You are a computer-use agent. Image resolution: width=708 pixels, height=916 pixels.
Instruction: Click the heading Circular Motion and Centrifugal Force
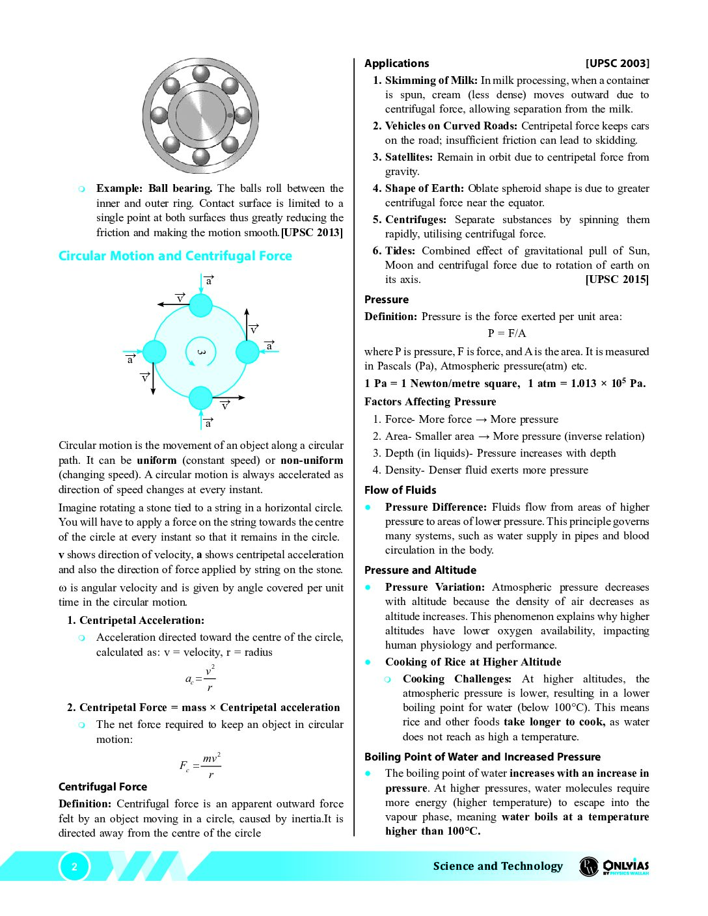(x=175, y=256)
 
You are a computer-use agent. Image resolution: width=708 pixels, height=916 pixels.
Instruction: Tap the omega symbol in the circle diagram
(x=201, y=352)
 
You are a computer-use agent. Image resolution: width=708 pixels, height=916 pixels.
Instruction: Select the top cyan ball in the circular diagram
(x=201, y=305)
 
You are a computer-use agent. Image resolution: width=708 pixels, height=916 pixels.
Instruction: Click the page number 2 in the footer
(x=74, y=867)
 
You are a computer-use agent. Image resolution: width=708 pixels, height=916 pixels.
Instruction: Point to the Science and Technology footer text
(x=498, y=866)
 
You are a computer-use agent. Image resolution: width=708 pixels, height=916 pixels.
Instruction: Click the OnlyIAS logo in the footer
(x=614, y=866)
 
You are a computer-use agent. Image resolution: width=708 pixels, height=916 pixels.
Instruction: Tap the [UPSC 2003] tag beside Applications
(x=617, y=63)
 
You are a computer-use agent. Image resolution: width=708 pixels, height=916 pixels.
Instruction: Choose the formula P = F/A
(x=507, y=333)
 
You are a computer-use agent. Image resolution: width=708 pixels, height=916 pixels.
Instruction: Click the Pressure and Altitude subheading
(x=420, y=570)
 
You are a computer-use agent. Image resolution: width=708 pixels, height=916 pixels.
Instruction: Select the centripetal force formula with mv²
(x=200, y=765)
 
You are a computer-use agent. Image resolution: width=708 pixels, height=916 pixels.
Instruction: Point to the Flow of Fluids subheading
(x=400, y=490)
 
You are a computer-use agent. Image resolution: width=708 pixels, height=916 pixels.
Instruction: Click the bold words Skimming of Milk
(x=431, y=80)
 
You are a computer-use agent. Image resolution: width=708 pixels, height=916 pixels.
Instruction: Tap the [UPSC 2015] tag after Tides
(x=617, y=279)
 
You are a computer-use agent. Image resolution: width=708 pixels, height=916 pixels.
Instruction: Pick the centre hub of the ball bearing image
(x=201, y=115)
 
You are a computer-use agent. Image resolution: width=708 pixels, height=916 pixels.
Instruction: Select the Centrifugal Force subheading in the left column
(x=103, y=787)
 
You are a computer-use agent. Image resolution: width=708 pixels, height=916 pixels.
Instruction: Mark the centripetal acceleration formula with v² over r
(x=200, y=679)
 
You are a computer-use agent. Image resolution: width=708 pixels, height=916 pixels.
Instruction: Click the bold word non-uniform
(x=312, y=460)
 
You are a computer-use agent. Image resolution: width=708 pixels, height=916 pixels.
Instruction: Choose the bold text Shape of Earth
(x=424, y=188)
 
